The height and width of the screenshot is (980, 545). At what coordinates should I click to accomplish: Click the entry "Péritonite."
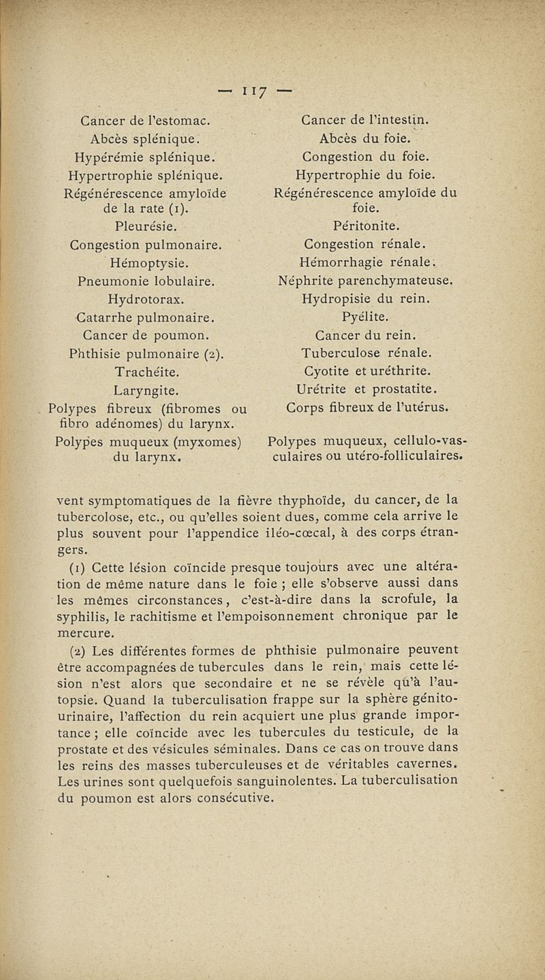pyautogui.click(x=365, y=225)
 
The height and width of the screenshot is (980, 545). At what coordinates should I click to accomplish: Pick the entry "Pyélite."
pyautogui.click(x=365, y=317)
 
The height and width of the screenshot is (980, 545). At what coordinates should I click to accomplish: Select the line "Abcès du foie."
pyautogui.click(x=365, y=140)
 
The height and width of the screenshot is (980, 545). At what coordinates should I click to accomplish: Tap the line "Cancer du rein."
pyautogui.click(x=365, y=335)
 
